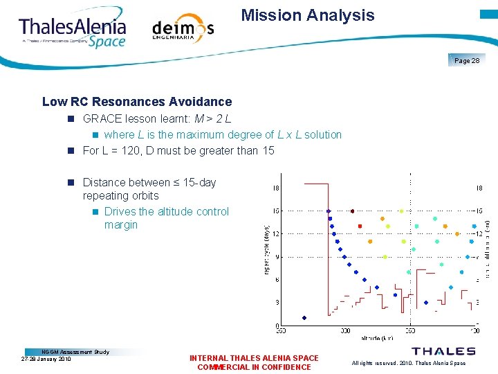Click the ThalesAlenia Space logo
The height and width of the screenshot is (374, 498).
click(73, 30)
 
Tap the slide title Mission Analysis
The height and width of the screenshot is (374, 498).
click(308, 15)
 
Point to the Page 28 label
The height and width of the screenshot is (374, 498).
click(467, 61)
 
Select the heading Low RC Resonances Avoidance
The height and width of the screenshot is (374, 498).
click(137, 102)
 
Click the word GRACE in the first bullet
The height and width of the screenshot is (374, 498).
click(101, 118)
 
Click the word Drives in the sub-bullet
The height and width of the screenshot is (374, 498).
click(120, 211)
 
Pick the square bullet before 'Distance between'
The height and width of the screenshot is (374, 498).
click(71, 183)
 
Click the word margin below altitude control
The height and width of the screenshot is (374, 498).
click(121, 225)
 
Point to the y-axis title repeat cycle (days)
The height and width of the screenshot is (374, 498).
click(268, 247)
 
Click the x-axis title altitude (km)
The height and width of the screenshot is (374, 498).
click(378, 339)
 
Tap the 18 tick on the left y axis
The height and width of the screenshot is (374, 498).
click(276, 188)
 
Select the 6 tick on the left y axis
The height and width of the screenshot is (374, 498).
click(277, 280)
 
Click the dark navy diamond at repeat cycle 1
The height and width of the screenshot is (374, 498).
click(304, 318)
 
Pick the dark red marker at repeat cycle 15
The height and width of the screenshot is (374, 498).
click(352, 211)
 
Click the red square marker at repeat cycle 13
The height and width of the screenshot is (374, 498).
click(360, 226)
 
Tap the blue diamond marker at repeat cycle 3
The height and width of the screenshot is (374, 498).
click(425, 303)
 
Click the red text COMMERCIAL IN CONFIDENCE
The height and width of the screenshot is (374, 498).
click(254, 367)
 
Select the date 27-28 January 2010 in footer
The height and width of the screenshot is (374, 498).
click(46, 359)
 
